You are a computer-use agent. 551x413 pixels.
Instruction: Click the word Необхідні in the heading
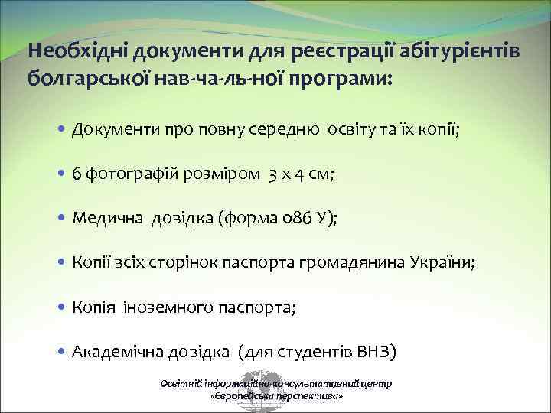click(x=77, y=52)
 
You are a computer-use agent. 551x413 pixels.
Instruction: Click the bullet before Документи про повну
click(x=60, y=129)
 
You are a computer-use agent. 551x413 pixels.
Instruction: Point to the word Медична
click(x=103, y=219)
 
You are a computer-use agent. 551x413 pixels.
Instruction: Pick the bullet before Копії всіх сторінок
click(x=60, y=263)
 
